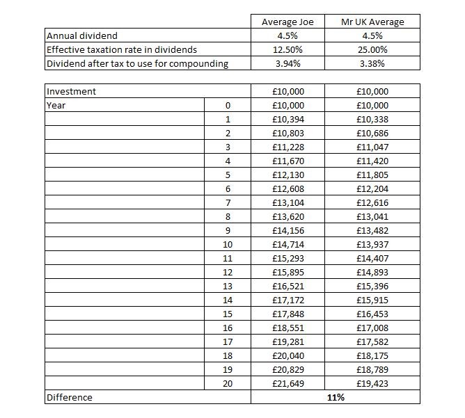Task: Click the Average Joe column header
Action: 287,22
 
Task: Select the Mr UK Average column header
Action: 372,22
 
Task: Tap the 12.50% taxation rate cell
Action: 287,50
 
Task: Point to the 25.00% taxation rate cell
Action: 372,50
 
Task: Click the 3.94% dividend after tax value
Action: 287,64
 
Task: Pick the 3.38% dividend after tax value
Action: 372,64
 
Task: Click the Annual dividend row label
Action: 81,36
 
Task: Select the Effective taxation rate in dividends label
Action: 121,50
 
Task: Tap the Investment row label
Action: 71,92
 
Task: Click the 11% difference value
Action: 336,398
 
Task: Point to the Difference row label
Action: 69,398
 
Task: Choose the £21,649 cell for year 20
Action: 287,384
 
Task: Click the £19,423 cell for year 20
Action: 372,384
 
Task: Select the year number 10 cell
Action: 228,245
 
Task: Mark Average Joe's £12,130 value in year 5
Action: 287,175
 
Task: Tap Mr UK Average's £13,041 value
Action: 372,217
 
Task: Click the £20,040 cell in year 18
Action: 287,356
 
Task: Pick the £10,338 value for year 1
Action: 372,120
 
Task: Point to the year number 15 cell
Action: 228,314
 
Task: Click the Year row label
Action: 56,106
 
